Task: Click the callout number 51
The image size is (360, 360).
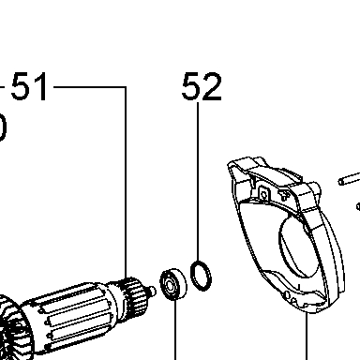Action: pyautogui.click(x=29, y=86)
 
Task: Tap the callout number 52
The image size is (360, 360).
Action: pyautogui.click(x=202, y=86)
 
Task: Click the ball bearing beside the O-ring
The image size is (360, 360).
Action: pyautogui.click(x=172, y=284)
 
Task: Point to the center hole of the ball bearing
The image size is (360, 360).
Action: pyautogui.click(x=170, y=285)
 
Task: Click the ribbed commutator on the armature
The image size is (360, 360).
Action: pyautogui.click(x=134, y=293)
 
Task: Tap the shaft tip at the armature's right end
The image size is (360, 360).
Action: pyautogui.click(x=153, y=292)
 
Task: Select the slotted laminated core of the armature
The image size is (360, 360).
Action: pyautogui.click(x=68, y=316)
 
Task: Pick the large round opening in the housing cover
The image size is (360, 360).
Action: pyautogui.click(x=297, y=247)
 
